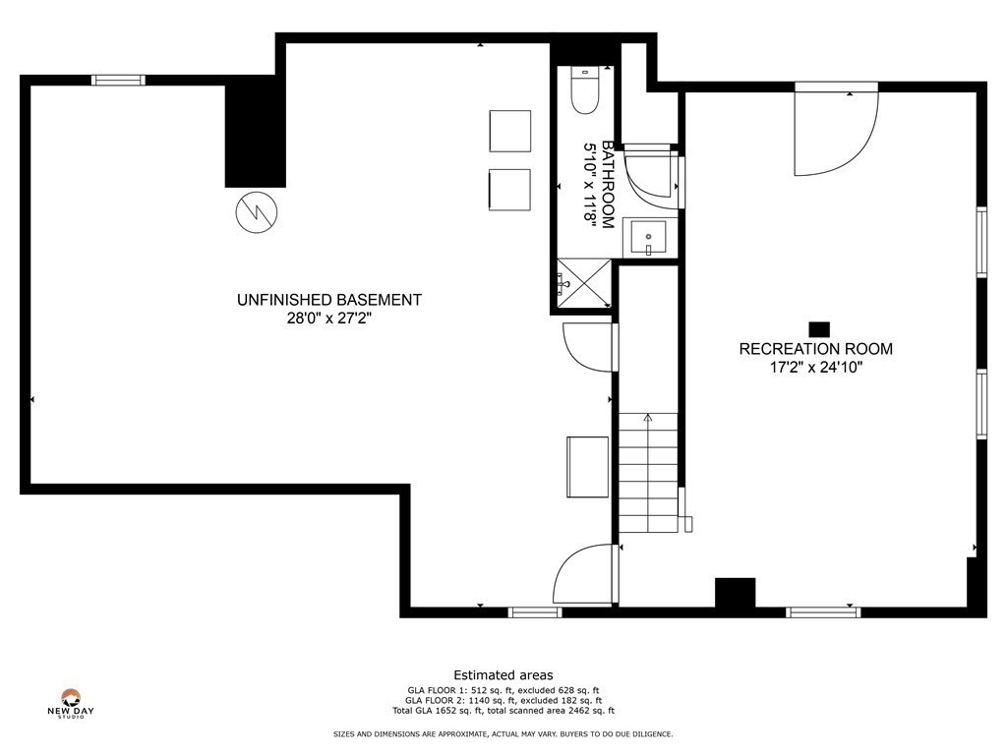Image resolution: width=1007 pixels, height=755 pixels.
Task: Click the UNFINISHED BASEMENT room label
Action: pos(329,300)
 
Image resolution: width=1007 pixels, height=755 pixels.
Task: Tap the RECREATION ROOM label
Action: pos(816,349)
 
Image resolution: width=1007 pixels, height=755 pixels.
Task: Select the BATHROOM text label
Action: pos(608,185)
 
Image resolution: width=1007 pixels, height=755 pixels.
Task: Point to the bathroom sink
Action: pos(648,239)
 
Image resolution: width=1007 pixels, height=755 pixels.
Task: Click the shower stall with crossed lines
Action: pos(580,285)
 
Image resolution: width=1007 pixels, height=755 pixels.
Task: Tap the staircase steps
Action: pos(648,472)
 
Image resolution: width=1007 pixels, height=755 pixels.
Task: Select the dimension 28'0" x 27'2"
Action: pos(329,319)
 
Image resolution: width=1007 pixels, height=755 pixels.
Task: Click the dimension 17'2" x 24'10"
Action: pos(816,369)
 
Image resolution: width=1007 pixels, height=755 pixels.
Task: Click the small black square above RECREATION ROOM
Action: pos(818,329)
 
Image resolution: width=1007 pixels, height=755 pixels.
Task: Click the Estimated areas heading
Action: pos(503,675)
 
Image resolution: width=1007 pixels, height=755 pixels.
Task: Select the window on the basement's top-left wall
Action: pos(118,80)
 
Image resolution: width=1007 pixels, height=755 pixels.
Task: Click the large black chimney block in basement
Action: pos(256,133)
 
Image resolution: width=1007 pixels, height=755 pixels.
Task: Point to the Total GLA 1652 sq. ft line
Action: pos(503,711)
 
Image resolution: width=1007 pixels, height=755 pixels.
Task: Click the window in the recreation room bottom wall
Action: pos(823,612)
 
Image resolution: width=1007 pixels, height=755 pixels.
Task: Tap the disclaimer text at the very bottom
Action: pos(503,734)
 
